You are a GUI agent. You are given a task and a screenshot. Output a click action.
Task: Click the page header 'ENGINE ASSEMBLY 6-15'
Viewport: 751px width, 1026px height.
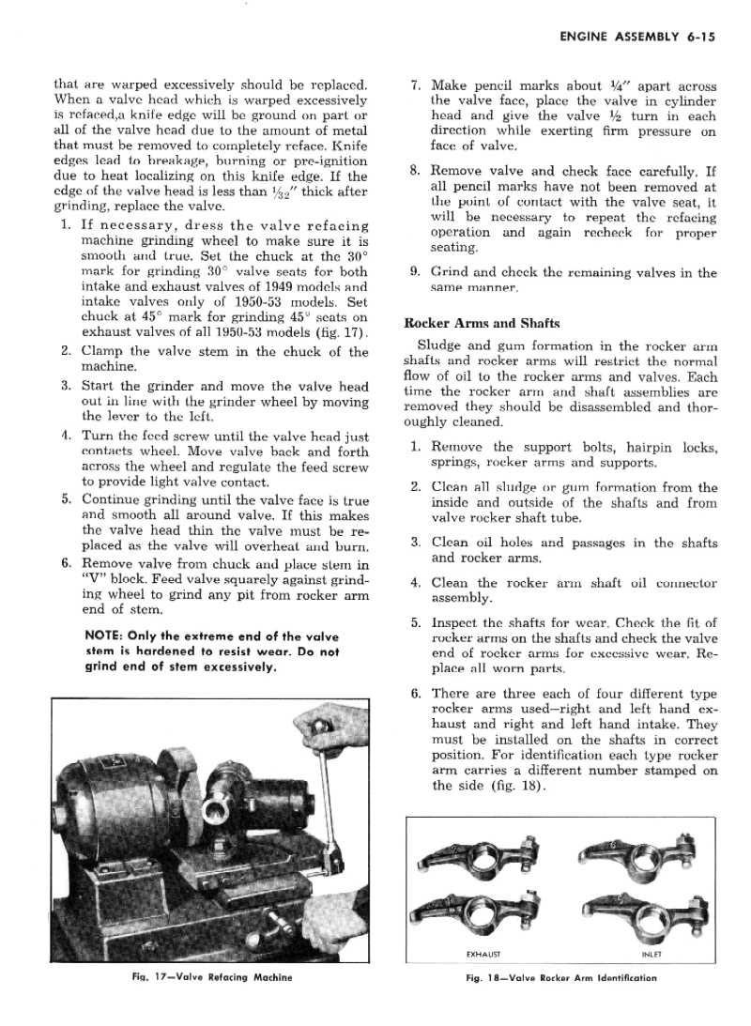click(638, 38)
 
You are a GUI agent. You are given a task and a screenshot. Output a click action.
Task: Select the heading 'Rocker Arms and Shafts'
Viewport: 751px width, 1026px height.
click(482, 323)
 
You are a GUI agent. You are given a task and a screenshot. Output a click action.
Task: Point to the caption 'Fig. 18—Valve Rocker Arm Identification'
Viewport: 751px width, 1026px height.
click(561, 977)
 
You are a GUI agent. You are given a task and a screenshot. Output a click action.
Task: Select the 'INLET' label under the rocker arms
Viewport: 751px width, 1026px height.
click(651, 955)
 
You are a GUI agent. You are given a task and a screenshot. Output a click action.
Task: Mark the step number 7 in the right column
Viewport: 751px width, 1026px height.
click(415, 86)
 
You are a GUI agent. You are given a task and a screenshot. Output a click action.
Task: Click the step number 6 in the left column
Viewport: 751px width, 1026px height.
click(66, 563)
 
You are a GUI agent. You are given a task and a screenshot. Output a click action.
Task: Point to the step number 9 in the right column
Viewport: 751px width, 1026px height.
click(415, 273)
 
